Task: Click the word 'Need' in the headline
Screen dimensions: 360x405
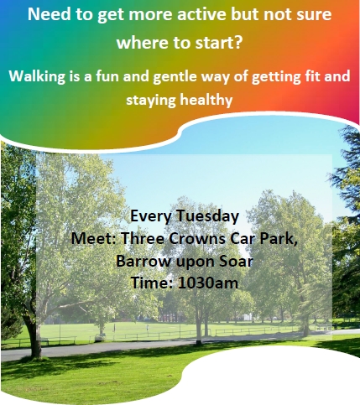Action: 49,14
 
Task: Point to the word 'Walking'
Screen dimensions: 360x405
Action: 37,76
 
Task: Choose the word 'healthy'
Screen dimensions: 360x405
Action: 206,100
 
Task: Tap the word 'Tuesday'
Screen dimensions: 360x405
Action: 207,216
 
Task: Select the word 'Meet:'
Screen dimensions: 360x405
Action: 93,238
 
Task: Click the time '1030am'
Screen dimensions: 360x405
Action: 208,283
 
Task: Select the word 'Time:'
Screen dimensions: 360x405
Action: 152,283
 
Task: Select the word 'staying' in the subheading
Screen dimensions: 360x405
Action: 151,101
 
